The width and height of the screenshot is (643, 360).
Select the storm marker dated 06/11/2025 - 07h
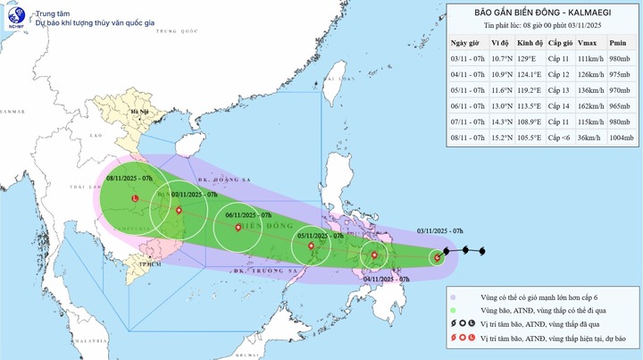pos(238,228)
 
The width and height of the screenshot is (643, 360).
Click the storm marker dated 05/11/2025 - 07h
pos(312,247)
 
